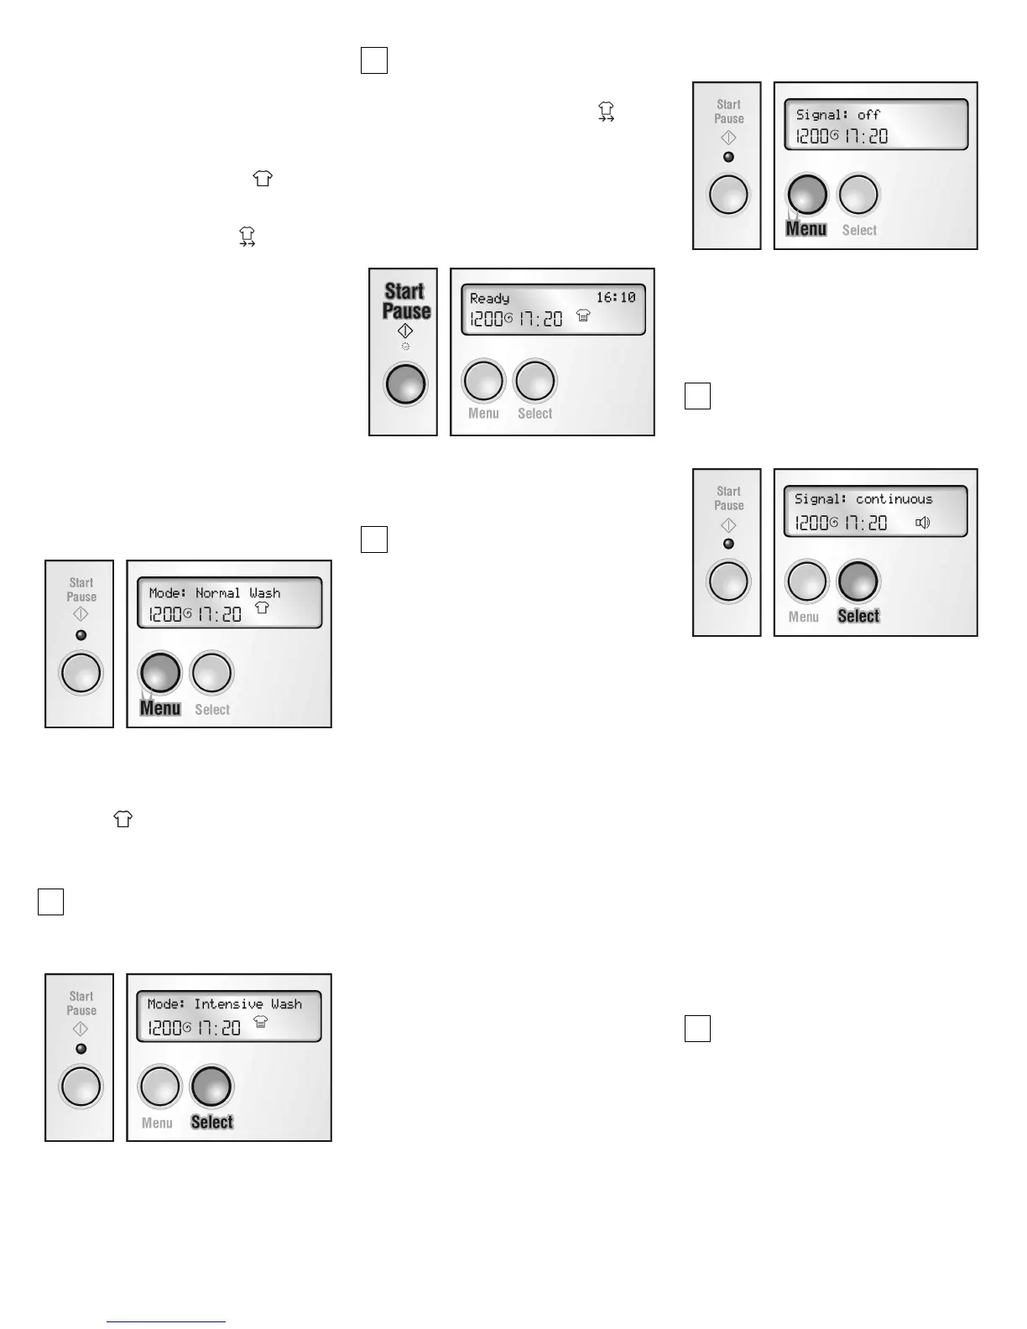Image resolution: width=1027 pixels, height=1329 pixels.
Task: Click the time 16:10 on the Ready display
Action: (616, 297)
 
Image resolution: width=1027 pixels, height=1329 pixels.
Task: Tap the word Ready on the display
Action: (489, 298)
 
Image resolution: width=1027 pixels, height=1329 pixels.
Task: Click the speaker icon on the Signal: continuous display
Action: (923, 523)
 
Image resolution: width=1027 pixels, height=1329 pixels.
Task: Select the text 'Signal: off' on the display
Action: (837, 115)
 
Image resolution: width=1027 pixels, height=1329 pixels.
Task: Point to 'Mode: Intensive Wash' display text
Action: (224, 1003)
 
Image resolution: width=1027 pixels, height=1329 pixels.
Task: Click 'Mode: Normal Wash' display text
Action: (214, 592)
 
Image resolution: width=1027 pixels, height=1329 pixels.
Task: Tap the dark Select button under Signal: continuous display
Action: (858, 581)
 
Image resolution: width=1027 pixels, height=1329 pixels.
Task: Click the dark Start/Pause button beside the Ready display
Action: (405, 384)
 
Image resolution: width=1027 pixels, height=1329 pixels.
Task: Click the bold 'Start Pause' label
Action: (406, 301)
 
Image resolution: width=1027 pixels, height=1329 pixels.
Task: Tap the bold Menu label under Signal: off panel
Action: (806, 229)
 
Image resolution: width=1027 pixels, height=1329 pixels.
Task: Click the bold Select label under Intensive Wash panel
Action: (212, 1122)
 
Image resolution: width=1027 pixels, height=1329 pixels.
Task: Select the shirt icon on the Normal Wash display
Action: (263, 609)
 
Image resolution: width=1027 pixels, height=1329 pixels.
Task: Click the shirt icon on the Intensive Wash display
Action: (261, 1021)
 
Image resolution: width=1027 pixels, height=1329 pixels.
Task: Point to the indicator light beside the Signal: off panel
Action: (728, 157)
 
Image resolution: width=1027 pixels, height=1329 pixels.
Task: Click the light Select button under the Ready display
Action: (535, 381)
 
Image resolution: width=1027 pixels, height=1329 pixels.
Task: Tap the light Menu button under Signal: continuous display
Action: (806, 581)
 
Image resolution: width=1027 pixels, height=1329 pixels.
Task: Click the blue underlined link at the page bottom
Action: (167, 1321)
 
